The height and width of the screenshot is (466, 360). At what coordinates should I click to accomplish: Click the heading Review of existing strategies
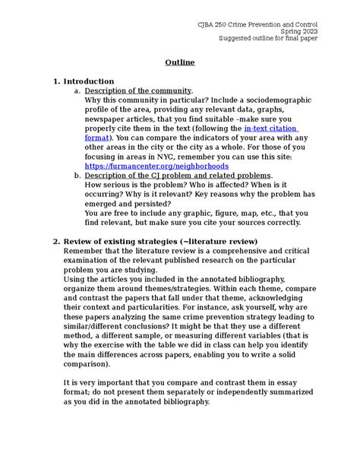coord(159,241)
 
